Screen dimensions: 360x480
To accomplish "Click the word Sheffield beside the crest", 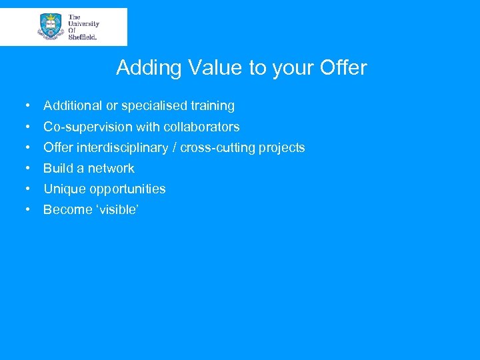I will coord(83,37).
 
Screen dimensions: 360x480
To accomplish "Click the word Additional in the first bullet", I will coord(73,105).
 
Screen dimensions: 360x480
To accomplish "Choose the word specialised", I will coord(155,105).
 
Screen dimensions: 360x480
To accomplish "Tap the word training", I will coord(214,105).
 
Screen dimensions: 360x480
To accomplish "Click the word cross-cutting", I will coord(218,147).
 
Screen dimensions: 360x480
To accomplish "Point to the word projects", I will coord(283,147).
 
